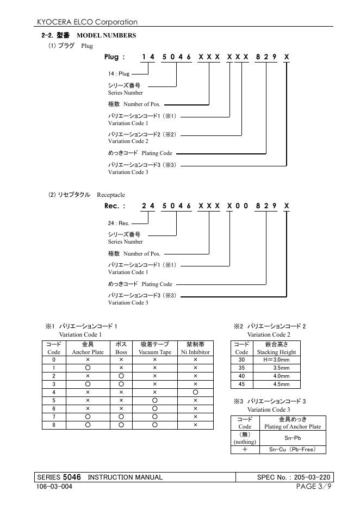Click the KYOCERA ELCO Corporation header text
87,22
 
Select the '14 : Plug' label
119,72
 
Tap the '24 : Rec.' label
119,223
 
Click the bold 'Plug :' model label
115,57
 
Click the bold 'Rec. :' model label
115,206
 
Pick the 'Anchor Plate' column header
88,352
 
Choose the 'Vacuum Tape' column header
154,352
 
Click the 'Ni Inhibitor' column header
195,352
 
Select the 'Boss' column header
121,352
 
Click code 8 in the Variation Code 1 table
53,424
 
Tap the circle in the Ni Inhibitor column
195,392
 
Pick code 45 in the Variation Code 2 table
242,384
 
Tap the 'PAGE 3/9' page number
314,486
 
